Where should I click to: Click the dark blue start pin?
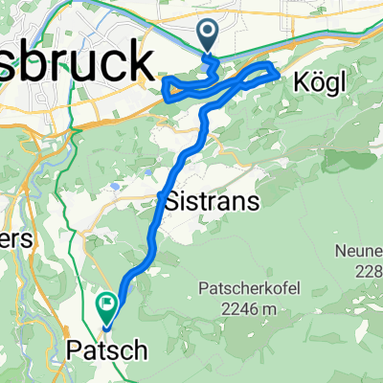(209, 35)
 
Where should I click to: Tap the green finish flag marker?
(106, 306)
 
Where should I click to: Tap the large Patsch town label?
(110, 350)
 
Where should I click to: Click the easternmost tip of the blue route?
(279, 69)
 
